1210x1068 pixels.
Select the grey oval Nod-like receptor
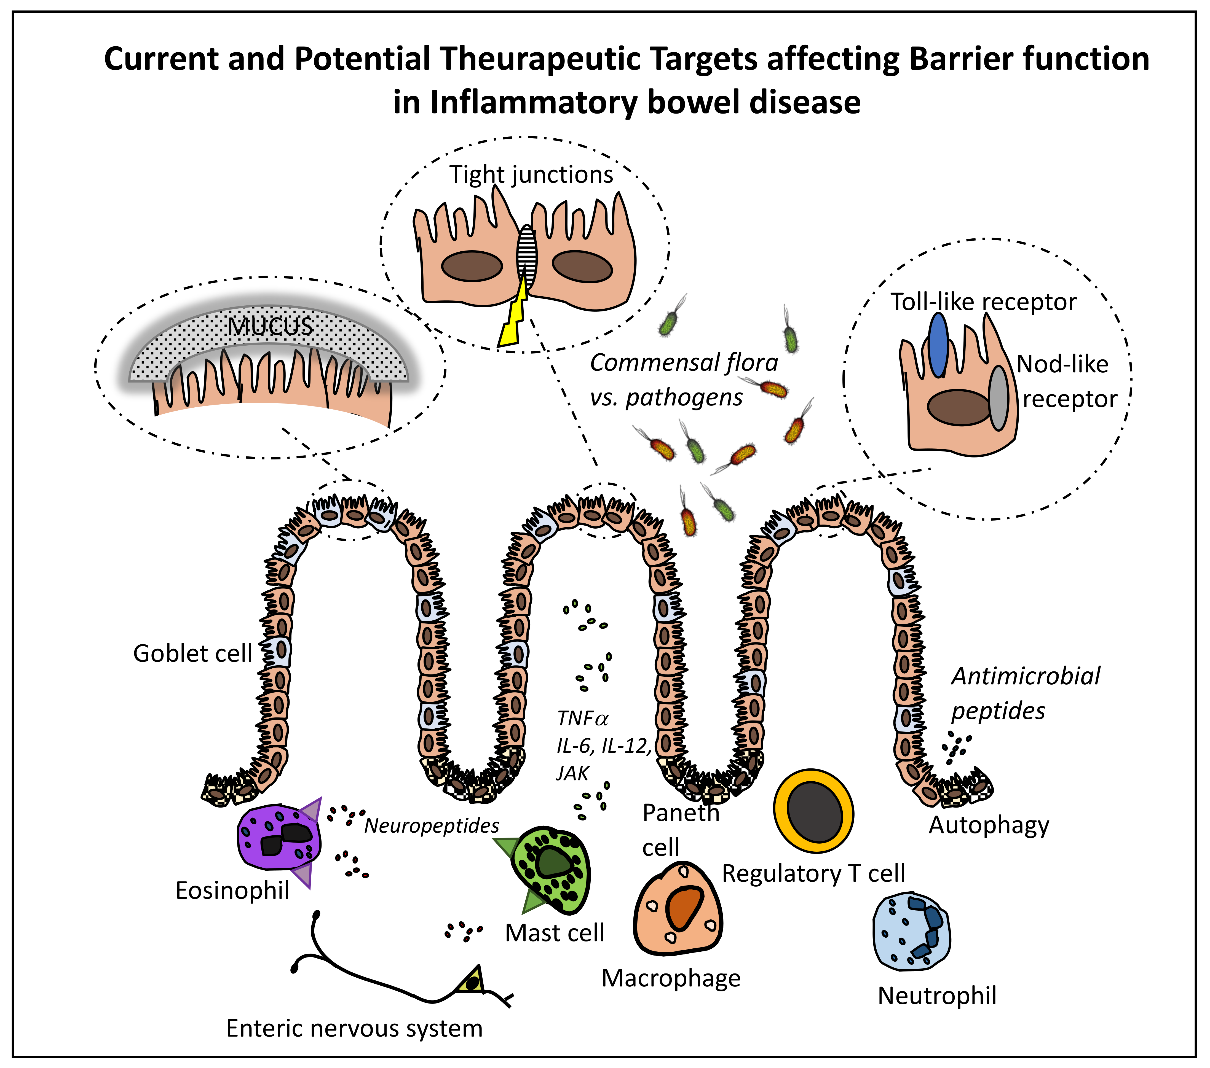tap(999, 398)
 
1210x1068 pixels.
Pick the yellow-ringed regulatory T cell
tap(814, 811)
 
